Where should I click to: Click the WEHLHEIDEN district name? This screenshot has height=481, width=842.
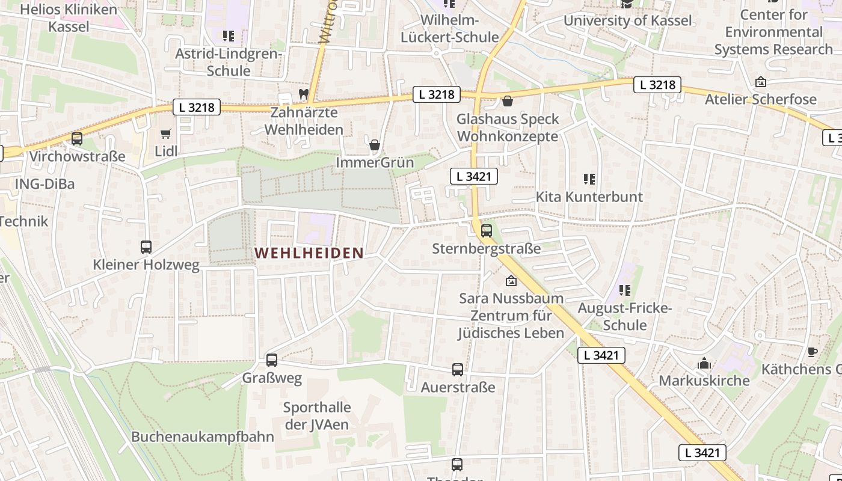coord(309,253)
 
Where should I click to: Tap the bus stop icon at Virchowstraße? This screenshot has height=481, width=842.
coord(77,139)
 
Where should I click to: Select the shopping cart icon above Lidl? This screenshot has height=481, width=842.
coord(165,133)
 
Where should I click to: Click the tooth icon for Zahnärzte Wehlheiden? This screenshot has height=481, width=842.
coord(303,94)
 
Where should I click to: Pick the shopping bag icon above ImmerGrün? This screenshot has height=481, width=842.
coord(375,145)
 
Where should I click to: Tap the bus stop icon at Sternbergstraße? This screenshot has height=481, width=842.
coord(487,230)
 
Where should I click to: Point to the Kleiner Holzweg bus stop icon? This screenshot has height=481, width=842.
coord(146,247)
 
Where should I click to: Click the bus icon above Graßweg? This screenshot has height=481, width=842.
coord(272,360)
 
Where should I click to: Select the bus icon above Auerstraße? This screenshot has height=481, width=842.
coord(458,370)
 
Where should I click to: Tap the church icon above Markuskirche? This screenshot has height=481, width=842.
coord(704,363)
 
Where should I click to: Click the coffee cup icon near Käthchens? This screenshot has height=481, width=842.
coord(812,352)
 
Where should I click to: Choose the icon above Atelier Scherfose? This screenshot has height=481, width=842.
coord(761,82)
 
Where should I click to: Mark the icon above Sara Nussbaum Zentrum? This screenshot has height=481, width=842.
coord(511,280)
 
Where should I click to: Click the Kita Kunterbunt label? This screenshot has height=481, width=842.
coord(589,197)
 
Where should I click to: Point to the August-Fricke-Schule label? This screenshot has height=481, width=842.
coord(625,317)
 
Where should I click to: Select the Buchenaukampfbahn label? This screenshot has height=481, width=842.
coord(203,437)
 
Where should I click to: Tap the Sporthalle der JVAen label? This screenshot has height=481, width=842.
coord(317,415)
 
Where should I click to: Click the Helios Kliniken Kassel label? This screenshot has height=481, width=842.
coord(69,18)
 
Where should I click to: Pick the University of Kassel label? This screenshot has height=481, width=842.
coord(627,20)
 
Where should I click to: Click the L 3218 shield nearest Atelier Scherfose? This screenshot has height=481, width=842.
coord(657,85)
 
